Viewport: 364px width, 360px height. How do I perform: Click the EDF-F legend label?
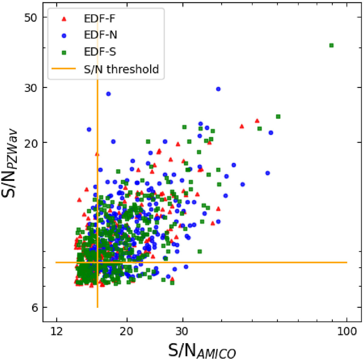click(x=99, y=19)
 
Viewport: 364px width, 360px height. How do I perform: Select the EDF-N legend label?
click(x=100, y=35)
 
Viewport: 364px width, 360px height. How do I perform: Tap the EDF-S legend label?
click(x=100, y=52)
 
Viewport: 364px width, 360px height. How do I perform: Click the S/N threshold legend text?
click(x=121, y=69)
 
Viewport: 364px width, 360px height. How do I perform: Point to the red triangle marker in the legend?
click(x=64, y=19)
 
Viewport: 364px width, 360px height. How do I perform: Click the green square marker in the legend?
click(x=64, y=52)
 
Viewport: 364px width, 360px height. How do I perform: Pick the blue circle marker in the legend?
click(x=64, y=35)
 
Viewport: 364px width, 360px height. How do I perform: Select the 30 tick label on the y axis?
click(x=30, y=88)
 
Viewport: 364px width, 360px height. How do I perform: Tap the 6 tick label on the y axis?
click(x=35, y=308)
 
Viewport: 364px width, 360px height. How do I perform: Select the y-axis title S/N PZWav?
click(x=9, y=163)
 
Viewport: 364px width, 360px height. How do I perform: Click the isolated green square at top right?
click(x=331, y=45)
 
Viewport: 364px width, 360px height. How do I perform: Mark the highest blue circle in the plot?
click(x=218, y=89)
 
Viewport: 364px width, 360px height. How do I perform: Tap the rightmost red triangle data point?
click(x=257, y=121)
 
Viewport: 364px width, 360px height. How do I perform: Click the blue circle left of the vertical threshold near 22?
click(x=89, y=130)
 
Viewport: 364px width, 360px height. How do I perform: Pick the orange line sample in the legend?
click(x=64, y=69)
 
